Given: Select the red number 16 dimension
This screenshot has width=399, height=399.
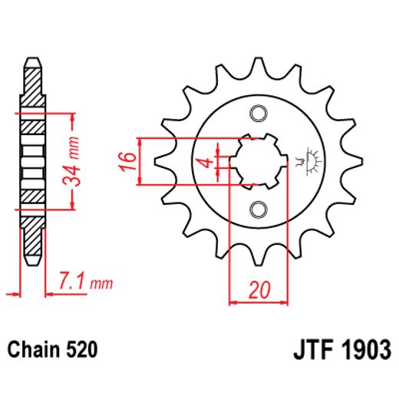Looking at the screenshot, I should click(x=128, y=161).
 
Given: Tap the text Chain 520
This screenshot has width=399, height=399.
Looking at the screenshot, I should click(x=53, y=351).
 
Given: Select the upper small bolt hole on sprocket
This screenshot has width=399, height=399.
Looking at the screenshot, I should click(x=257, y=114).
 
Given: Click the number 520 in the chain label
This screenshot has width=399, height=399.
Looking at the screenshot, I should click(x=81, y=351).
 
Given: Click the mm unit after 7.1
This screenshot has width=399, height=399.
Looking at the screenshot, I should click(x=100, y=285).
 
